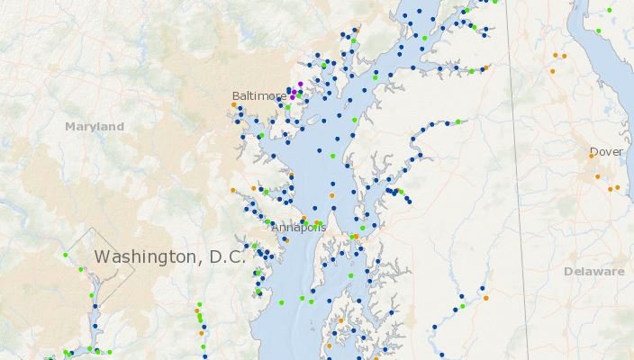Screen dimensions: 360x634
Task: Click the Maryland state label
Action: pos(94,127)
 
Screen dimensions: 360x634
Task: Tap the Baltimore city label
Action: pos(258,95)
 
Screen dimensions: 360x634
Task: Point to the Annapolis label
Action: pos(298,227)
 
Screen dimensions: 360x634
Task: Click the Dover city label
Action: pos(606,151)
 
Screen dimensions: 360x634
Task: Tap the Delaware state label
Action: pos(593,271)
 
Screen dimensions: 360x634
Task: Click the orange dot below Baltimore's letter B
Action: pos(233,105)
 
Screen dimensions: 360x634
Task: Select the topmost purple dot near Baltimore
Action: pos(300,84)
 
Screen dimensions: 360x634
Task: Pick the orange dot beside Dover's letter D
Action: pos(592,157)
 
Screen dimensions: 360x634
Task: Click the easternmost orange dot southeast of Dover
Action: pos(618,187)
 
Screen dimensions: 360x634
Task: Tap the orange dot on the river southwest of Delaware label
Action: pos(485,298)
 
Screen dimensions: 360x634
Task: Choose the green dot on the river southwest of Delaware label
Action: pos(462,306)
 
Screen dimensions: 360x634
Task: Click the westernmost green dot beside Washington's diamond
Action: pos(65,255)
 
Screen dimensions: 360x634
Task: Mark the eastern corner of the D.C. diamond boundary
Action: pos(134,267)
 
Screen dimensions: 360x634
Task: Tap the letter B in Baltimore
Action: pos(236,95)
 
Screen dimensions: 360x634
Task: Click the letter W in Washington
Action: pos(104,257)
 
